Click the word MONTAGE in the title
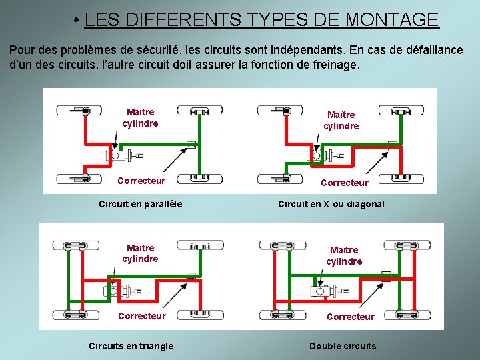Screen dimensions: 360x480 (x=392, y=20)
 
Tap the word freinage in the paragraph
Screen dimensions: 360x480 (x=333, y=65)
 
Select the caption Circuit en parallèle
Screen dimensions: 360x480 (x=140, y=203)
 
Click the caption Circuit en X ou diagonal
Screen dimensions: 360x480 (x=331, y=204)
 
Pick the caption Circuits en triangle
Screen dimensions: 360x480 (x=131, y=345)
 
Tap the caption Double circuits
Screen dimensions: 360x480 (x=343, y=345)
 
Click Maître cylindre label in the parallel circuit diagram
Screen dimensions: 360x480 (x=140, y=118)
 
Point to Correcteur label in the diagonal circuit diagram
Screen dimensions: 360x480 (x=344, y=182)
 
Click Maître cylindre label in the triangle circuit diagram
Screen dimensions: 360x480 (x=140, y=253)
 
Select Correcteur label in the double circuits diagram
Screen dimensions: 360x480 (x=350, y=317)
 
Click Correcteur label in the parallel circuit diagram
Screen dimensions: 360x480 (x=141, y=181)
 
